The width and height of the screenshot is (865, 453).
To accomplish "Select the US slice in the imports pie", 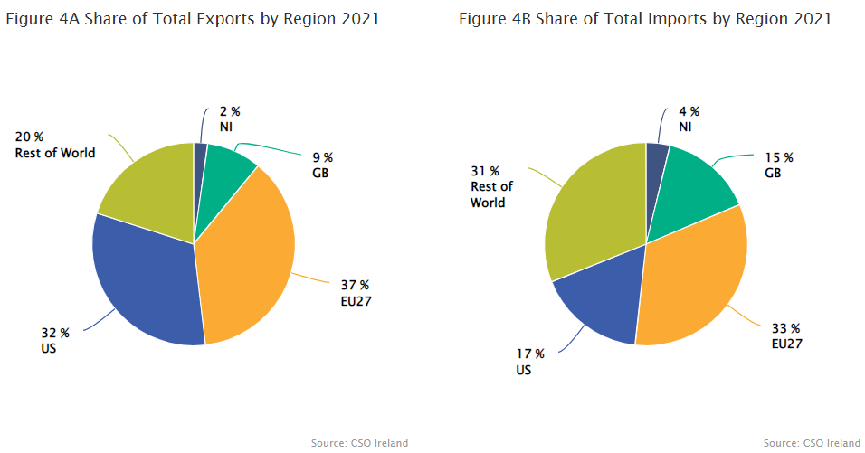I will (x=602, y=303).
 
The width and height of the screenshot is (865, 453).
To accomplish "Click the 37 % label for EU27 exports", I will (x=355, y=285).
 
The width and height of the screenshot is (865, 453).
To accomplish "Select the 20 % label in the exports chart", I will (x=30, y=137).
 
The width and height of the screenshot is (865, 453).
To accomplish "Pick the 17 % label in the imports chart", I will (x=531, y=354).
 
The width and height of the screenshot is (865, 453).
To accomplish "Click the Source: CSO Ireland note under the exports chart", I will (x=359, y=443).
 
